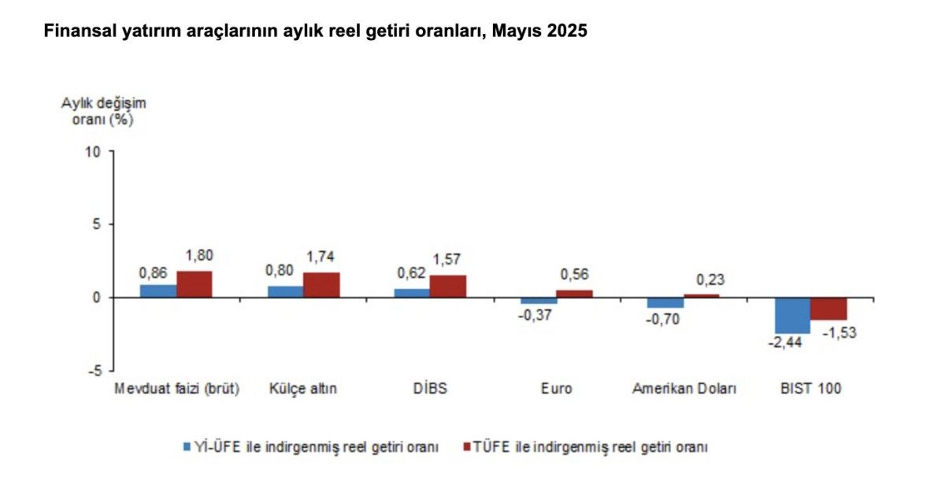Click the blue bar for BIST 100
(792, 315)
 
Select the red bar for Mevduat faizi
(195, 284)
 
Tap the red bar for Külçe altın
(321, 285)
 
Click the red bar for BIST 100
(828, 309)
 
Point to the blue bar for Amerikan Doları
(665, 302)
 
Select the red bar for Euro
(575, 294)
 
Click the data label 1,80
(199, 255)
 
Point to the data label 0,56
(574, 275)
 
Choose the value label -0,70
(663, 319)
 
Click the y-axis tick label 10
(94, 151)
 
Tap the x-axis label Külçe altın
(303, 389)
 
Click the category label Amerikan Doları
(684, 389)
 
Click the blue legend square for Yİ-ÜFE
(187, 446)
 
